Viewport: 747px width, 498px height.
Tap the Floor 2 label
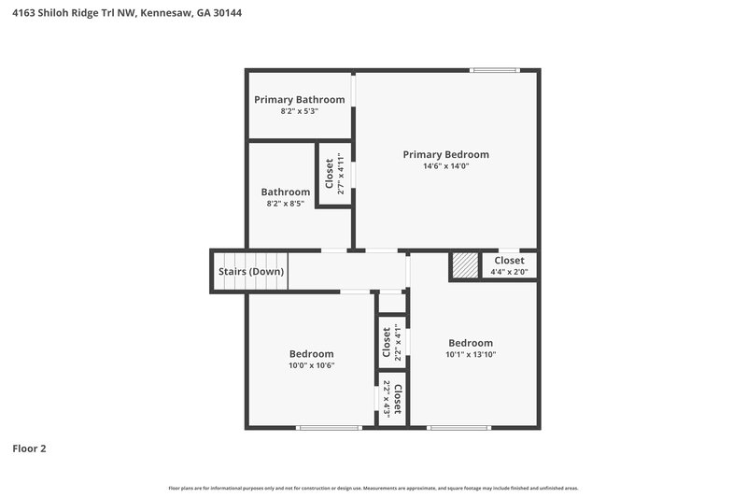29,448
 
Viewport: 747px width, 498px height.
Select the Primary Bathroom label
300,99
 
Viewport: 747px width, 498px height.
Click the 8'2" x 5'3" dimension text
300,111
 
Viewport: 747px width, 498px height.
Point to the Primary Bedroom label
445,154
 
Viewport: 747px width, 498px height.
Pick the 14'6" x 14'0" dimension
445,166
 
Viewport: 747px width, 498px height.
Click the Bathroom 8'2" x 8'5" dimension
285,203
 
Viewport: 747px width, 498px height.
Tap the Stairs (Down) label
251,271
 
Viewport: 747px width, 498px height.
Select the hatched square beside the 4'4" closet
464,265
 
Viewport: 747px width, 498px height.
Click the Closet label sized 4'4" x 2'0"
509,261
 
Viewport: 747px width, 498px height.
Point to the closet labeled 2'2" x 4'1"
391,342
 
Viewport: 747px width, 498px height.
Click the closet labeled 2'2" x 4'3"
392,399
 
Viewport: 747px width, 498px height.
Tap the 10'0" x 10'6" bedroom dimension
311,365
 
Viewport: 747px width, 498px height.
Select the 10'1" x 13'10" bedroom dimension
471,354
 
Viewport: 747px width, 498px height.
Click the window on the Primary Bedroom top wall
494,69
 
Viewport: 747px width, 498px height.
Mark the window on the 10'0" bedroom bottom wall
329,428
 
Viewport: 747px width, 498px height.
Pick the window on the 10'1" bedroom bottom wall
458,428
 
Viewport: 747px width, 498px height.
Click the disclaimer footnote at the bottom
373,488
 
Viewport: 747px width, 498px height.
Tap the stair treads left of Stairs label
233,271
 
